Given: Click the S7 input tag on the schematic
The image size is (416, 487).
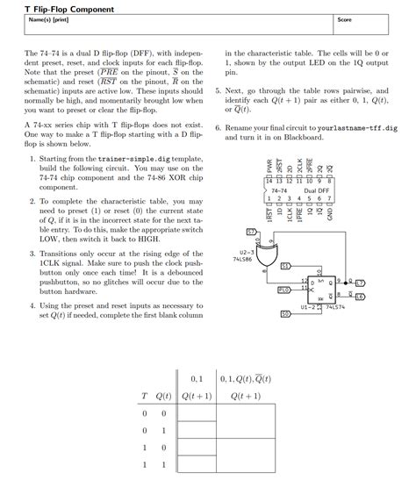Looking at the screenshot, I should coord(251,231).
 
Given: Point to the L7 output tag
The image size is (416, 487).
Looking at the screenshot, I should coord(359,283).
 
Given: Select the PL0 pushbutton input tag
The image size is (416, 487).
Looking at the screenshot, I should coord(283,290).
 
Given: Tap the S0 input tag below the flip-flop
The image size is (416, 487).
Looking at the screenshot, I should coord(285,313).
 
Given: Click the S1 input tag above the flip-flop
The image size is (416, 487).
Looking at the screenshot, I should coord(285,265).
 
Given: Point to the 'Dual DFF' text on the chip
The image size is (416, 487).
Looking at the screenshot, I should coord(316,190).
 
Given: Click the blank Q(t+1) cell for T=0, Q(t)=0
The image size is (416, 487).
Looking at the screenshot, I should coord(196,412).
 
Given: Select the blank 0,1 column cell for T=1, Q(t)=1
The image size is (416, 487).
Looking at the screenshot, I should coord(196,464).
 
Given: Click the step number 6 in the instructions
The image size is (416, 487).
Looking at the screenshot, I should coord(218,127).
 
